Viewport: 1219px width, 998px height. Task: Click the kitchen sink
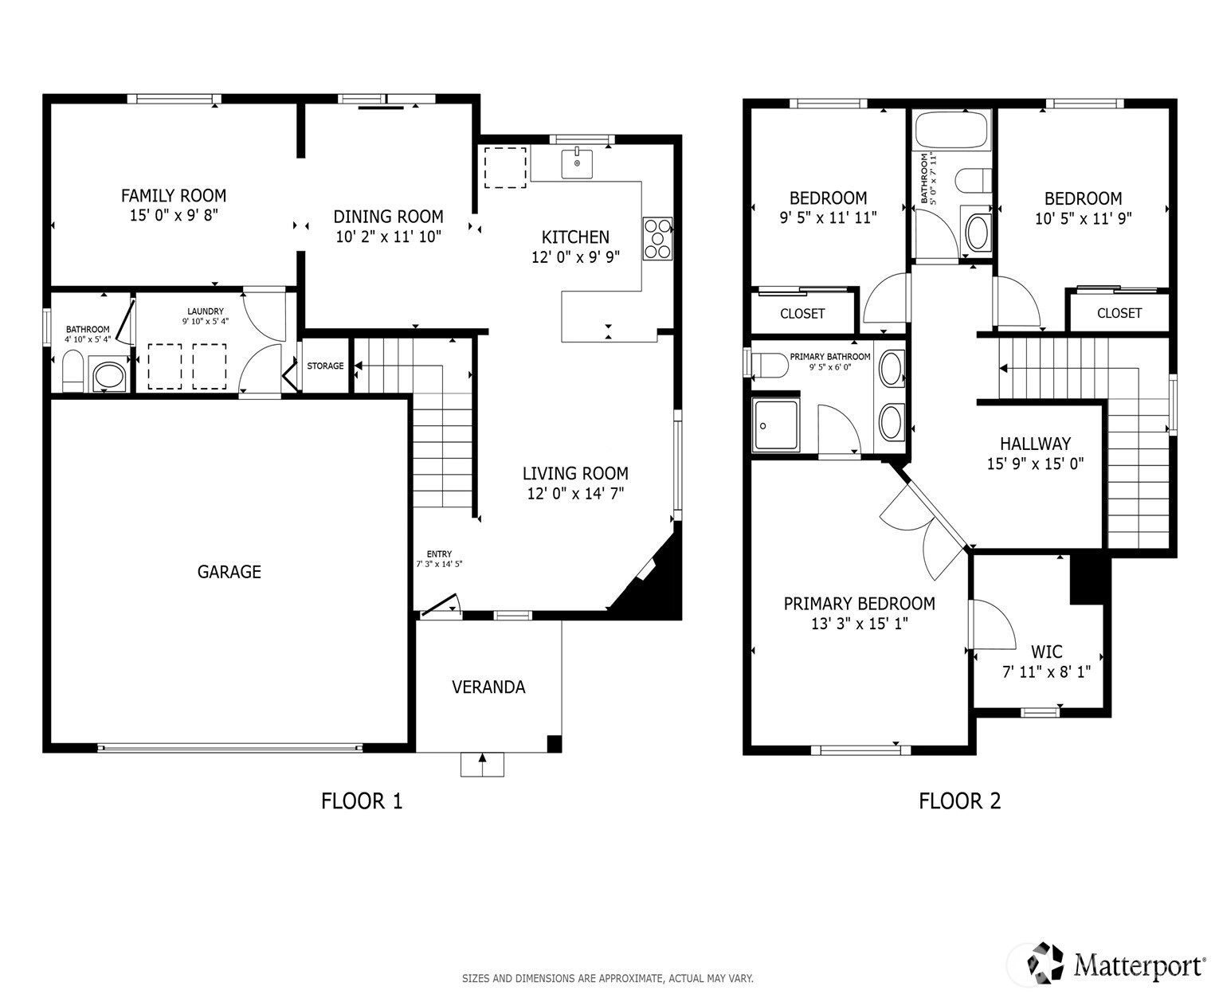(576, 163)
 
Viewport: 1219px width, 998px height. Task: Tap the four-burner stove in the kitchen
(657, 238)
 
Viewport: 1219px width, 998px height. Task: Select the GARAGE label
(229, 572)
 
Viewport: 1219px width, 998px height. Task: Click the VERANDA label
(488, 687)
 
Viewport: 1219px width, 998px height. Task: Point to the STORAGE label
(325, 366)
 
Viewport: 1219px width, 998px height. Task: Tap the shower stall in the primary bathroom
(776, 425)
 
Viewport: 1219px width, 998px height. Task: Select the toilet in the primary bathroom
(770, 365)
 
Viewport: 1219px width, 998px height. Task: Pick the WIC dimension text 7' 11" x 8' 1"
(1046, 672)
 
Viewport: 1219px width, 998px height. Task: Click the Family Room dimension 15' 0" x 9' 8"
(174, 216)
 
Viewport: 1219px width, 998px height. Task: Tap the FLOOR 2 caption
(959, 801)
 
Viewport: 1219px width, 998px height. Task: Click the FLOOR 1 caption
(361, 801)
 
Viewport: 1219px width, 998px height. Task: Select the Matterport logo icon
(1045, 961)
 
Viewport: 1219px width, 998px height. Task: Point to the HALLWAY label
(1035, 444)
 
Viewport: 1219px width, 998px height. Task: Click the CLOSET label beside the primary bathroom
(802, 314)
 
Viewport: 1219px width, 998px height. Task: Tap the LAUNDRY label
(206, 311)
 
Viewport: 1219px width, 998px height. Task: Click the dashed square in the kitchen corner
(505, 167)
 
